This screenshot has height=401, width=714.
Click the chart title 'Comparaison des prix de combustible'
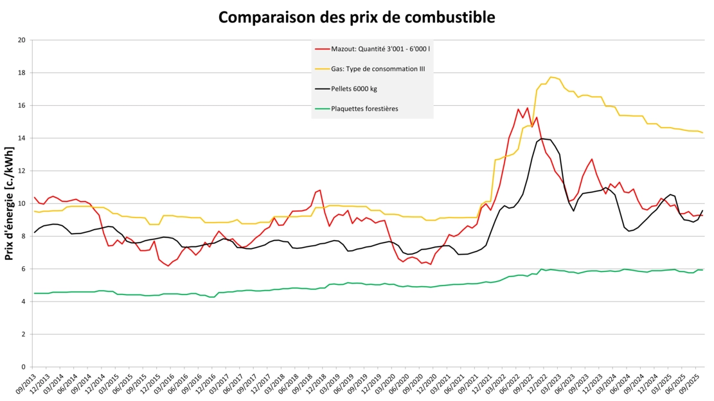(357, 17)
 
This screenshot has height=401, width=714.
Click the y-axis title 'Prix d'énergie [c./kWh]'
(10, 203)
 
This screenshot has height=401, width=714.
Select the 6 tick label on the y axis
(23, 269)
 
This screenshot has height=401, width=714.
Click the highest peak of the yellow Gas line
(551, 77)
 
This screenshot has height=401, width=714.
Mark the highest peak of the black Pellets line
(542, 139)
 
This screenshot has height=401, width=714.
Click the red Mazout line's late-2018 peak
(319, 190)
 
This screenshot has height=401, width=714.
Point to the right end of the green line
(702, 270)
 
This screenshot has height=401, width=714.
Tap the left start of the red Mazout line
(34, 197)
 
